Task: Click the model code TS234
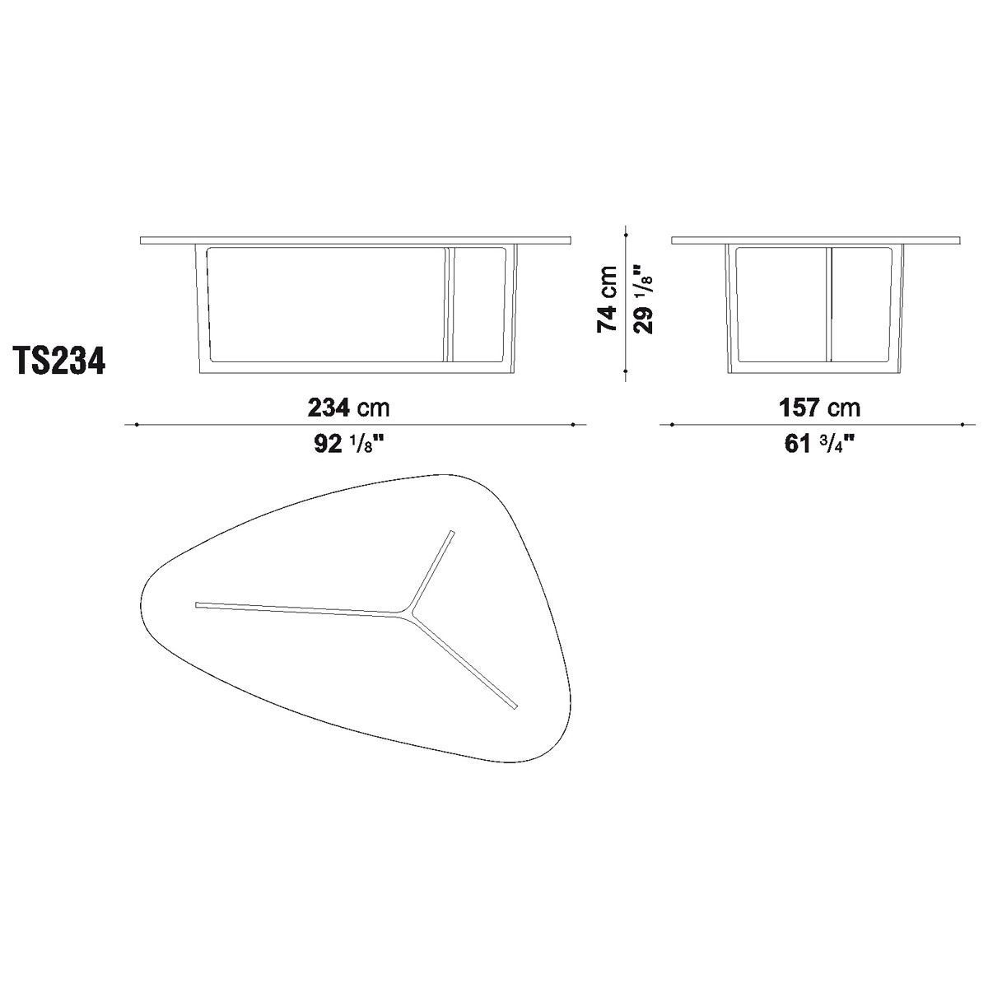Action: pyautogui.click(x=61, y=361)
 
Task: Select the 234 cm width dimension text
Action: pyautogui.click(x=348, y=408)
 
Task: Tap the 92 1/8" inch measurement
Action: pyautogui.click(x=348, y=444)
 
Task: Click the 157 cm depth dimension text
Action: pyautogui.click(x=819, y=408)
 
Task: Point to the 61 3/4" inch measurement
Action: pyautogui.click(x=819, y=444)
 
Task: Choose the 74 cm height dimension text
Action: pyautogui.click(x=607, y=299)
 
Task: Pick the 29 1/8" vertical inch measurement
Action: pyautogui.click(x=644, y=299)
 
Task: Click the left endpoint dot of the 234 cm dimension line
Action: pyautogui.click(x=137, y=425)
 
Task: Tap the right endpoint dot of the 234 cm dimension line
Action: pyautogui.click(x=572, y=425)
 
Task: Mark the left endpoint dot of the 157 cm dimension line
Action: pyautogui.click(x=672, y=425)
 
